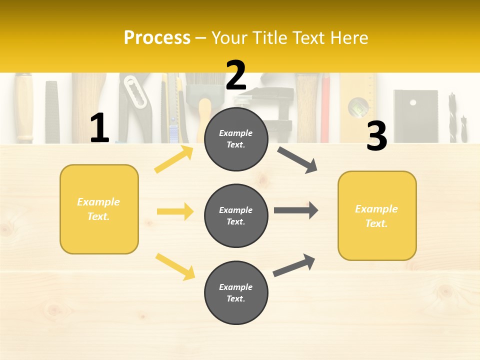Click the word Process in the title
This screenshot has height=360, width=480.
point(157,38)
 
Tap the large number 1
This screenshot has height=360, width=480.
point(99,128)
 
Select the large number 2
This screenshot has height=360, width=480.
point(236,75)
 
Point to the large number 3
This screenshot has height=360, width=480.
point(377,136)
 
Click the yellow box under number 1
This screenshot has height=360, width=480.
point(99,209)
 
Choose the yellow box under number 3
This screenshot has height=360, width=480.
point(377,216)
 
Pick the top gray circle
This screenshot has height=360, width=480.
point(236,139)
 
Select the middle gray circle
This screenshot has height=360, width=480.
point(236,216)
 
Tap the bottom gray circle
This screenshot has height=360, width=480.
point(236,293)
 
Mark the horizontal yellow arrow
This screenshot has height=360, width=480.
point(175,211)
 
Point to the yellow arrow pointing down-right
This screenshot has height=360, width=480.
point(175,266)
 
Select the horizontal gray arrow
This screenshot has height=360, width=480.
point(296,210)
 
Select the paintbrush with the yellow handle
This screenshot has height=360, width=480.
point(204,115)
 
